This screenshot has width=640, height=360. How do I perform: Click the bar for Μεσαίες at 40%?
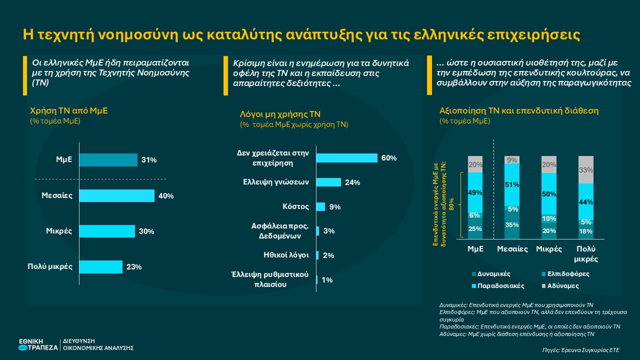(x=116, y=195)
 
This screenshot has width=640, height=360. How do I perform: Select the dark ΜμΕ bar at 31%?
(x=108, y=160)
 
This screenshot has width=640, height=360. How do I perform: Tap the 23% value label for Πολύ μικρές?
(x=134, y=267)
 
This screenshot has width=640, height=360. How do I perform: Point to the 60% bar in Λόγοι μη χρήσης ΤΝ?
(x=346, y=158)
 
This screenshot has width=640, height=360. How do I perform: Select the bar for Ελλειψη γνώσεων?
(x=328, y=182)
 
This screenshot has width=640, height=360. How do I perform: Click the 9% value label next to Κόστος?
(x=335, y=207)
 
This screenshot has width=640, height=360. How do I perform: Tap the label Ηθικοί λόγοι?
(x=286, y=254)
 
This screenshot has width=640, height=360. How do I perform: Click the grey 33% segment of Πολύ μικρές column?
(x=585, y=170)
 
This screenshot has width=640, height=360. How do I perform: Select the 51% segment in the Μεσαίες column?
(x=511, y=184)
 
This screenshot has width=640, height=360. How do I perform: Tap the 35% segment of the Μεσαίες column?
(x=511, y=225)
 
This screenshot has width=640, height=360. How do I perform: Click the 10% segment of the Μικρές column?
(x=548, y=218)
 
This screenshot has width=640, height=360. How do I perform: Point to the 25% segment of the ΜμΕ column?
(x=475, y=229)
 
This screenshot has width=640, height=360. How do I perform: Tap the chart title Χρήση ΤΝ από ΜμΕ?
(x=69, y=110)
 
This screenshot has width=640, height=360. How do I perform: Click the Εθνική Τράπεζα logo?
(x=38, y=344)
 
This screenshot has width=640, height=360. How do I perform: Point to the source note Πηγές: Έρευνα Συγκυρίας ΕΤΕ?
(x=580, y=350)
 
